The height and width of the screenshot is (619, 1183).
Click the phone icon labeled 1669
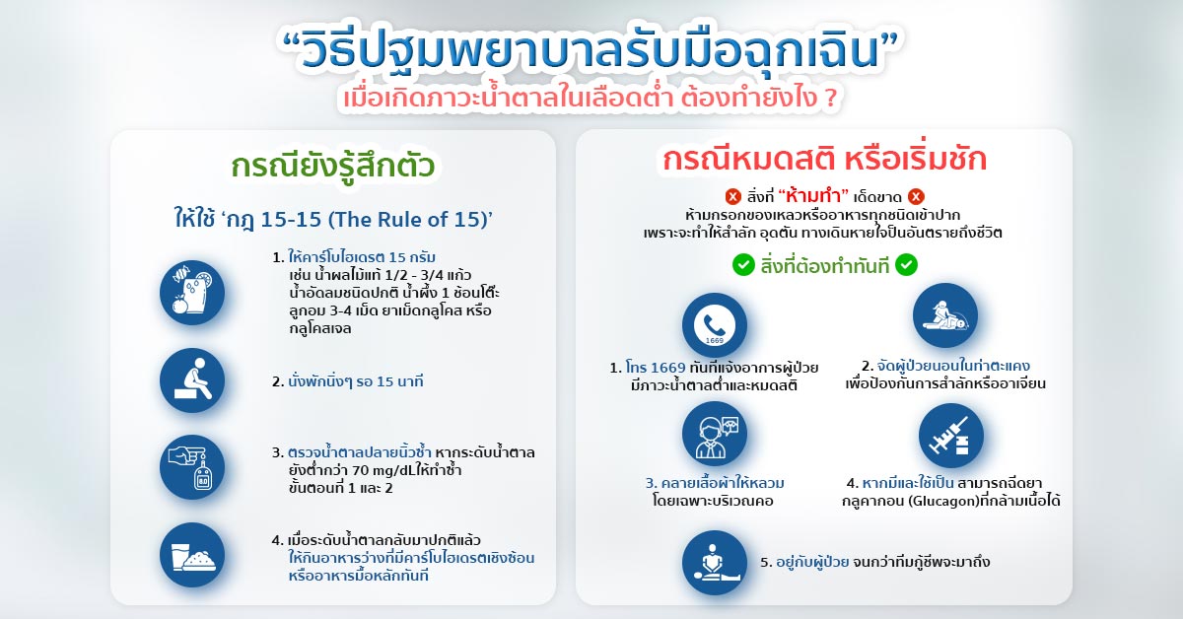(x=714, y=325)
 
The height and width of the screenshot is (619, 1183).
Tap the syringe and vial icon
(x=951, y=436)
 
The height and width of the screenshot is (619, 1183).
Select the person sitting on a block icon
(x=192, y=380)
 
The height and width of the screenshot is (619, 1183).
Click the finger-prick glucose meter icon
(x=192, y=467)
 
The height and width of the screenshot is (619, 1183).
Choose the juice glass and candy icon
(x=192, y=293)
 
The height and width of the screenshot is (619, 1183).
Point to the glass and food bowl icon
(x=192, y=555)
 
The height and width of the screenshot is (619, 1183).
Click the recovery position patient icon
(x=945, y=315)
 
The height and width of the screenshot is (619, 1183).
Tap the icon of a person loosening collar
(x=714, y=434)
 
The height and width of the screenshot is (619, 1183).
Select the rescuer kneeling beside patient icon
(x=714, y=563)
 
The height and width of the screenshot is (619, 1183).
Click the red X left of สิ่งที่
(x=733, y=197)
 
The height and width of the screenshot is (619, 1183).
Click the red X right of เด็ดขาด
(x=916, y=197)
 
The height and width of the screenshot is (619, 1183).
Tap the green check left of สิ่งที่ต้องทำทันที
(x=743, y=265)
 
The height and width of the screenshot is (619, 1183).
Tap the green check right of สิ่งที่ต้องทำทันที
(x=906, y=265)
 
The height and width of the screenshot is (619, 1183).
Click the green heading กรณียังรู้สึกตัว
(x=333, y=166)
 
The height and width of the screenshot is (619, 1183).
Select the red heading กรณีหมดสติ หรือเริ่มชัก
(x=824, y=159)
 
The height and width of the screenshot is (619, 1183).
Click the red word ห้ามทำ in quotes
(x=812, y=196)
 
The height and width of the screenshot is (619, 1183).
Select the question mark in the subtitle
(x=831, y=99)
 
